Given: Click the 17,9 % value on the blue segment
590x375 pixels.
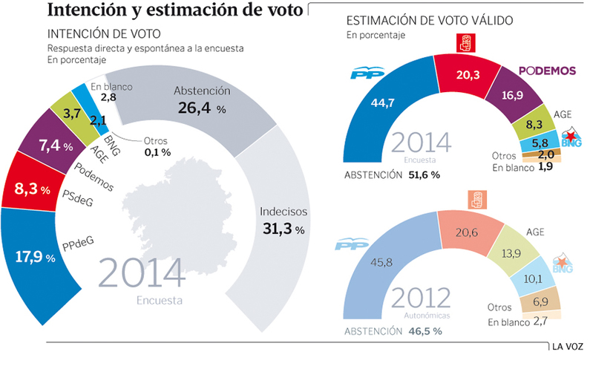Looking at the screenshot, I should [35, 258].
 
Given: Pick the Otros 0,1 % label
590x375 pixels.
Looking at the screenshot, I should [156, 146].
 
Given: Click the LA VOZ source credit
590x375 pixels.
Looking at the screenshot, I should [566, 346].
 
